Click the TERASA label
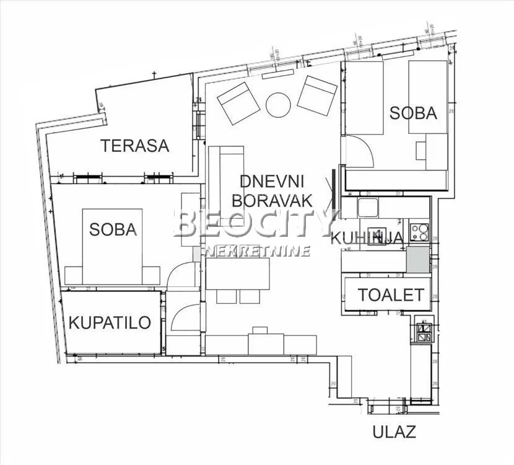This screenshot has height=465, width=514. [135, 146]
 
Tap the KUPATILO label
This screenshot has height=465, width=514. [110, 322]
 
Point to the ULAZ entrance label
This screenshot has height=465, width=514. [394, 432]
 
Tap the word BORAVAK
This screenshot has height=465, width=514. [276, 201]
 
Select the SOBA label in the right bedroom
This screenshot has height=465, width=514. [413, 113]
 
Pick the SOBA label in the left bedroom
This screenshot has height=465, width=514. [113, 229]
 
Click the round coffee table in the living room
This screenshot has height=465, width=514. [278, 105]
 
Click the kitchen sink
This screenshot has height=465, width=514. [368, 207]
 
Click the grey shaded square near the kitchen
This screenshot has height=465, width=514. [417, 259]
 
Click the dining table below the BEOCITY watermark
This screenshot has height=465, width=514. [238, 273]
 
